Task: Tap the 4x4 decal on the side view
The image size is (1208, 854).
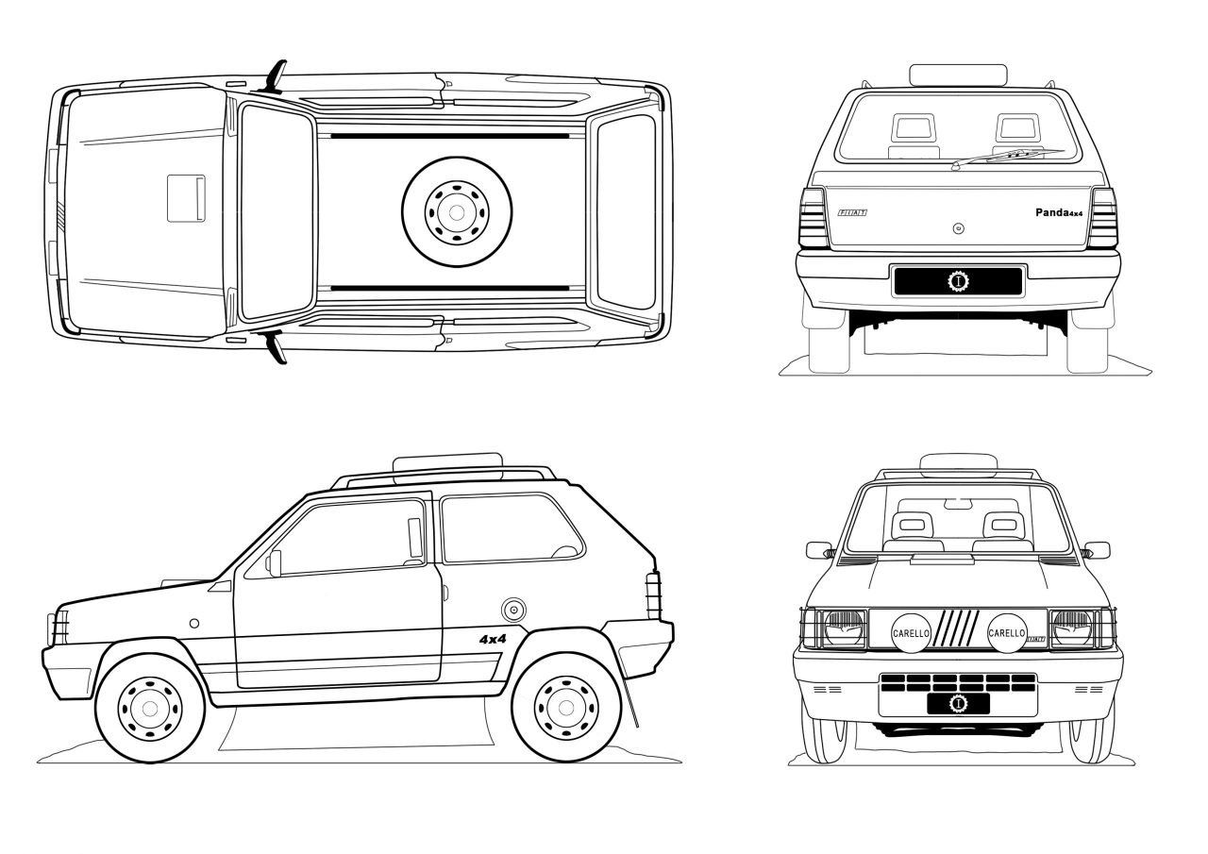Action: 493,639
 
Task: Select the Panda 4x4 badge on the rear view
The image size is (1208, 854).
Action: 1058,213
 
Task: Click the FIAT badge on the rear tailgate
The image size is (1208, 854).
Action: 850,214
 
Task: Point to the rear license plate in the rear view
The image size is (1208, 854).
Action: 958,280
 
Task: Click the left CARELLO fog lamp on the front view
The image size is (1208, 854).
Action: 912,632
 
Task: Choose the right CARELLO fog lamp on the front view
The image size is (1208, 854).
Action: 1006,632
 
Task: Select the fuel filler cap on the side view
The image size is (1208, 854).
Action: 513,610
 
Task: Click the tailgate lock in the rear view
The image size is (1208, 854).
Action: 958,227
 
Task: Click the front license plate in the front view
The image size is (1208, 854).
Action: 958,704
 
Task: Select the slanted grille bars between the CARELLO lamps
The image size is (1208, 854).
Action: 959,629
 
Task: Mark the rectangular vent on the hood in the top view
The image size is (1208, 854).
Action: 187,198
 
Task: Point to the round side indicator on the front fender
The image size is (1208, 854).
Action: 193,623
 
